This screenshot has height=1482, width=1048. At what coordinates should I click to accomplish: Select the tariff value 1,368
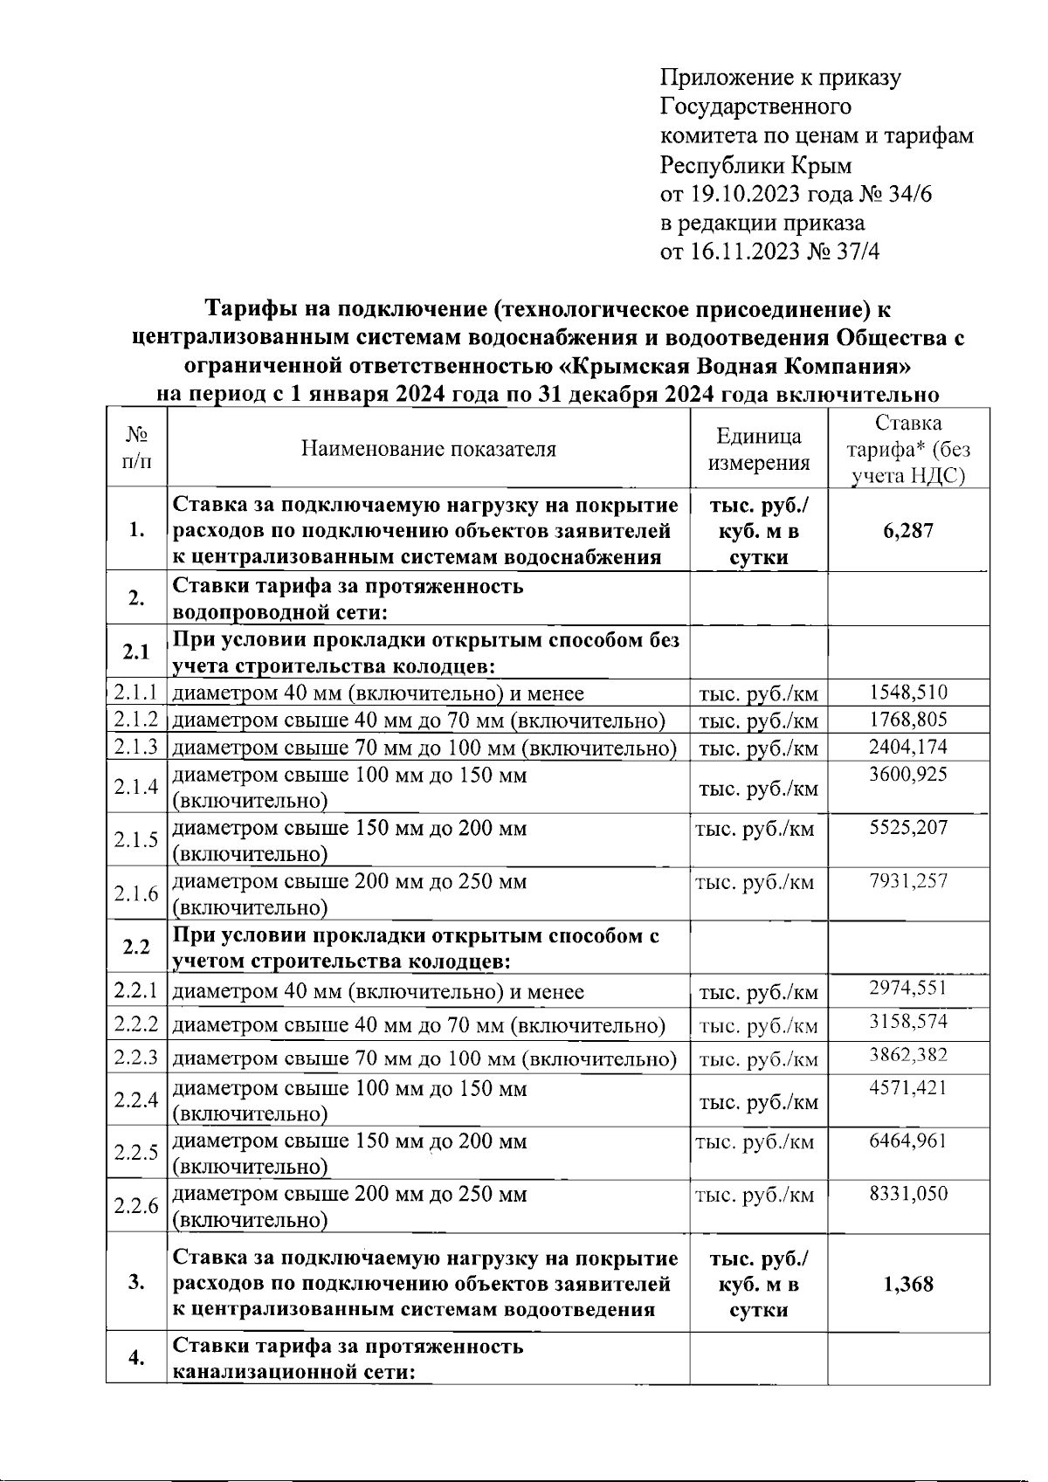click(908, 1284)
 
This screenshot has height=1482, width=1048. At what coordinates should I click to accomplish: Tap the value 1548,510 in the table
click(908, 693)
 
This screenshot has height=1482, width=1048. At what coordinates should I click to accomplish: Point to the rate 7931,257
click(908, 880)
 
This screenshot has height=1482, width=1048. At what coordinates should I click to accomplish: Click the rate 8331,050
click(908, 1194)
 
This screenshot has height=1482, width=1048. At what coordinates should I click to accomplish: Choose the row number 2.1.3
click(135, 747)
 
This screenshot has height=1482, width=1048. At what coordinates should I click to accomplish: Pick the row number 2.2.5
click(135, 1153)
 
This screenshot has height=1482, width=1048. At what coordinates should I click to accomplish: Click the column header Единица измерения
click(758, 449)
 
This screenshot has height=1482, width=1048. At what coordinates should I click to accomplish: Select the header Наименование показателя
click(428, 449)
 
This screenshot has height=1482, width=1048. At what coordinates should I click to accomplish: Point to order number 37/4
click(858, 252)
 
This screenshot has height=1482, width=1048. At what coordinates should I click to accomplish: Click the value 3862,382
click(908, 1055)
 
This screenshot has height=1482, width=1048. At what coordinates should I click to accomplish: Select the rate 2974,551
click(908, 988)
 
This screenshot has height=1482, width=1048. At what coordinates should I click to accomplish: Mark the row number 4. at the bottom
click(135, 1358)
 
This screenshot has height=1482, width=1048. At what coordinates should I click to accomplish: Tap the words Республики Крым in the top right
click(755, 165)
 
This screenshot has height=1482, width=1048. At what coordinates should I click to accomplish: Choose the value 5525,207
click(908, 827)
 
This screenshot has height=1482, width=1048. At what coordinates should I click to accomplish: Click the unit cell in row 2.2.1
click(758, 992)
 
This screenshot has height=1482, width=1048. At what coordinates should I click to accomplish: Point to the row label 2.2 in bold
click(135, 948)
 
